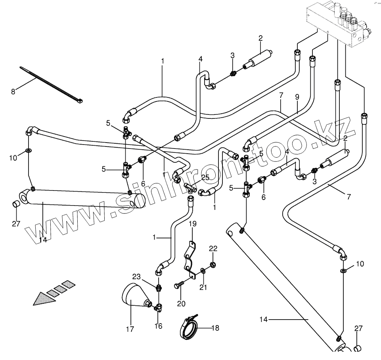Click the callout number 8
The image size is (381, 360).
13,92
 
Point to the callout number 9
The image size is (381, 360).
297,96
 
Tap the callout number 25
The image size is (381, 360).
205,177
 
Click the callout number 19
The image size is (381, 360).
192,225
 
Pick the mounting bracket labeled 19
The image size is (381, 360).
190,260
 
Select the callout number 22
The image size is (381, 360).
213,248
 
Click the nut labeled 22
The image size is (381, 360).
213,265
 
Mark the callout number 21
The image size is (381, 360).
203,287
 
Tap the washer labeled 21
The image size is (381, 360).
203,271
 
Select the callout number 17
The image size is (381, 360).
130,329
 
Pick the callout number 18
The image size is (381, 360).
215,328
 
